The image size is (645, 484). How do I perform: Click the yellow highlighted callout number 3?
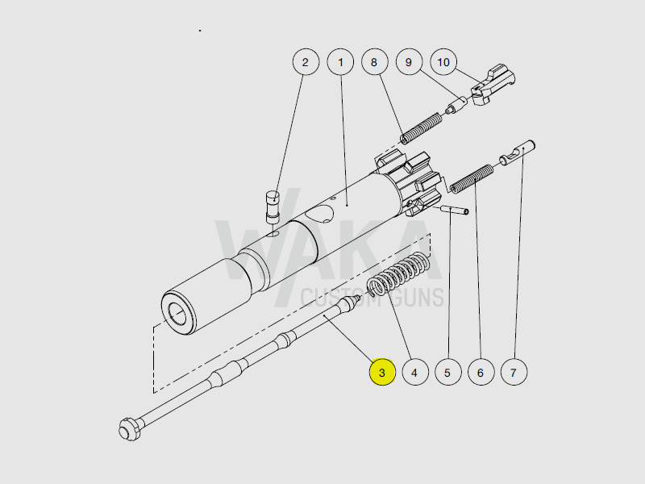coord(381,373)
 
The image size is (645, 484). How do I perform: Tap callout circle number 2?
coord(305,62)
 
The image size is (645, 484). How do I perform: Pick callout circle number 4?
coord(414,373)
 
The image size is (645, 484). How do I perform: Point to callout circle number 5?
coord(447,373)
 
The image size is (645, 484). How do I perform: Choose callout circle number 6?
coord(481,373)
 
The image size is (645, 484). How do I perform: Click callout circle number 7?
coord(514,373)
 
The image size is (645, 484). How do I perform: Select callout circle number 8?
coord(374,62)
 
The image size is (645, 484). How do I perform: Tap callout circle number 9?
coord(409,62)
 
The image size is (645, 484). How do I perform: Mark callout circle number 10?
coord(443,62)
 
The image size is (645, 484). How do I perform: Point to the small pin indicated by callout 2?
coord(273,205)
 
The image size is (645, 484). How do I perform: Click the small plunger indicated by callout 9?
coord(456,106)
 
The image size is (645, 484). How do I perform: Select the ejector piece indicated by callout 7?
coord(518,152)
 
